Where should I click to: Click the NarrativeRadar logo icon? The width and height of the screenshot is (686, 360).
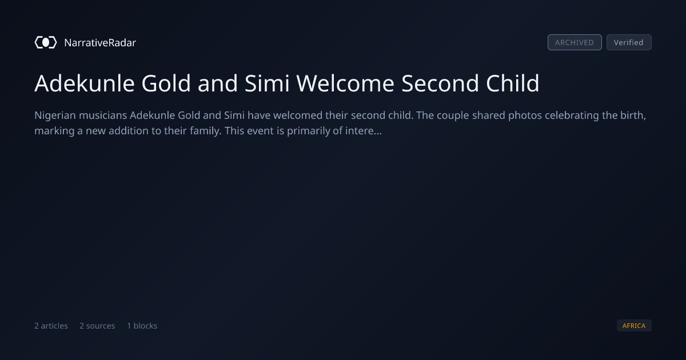tap(46, 42)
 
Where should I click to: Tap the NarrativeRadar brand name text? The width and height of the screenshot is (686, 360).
tap(100, 42)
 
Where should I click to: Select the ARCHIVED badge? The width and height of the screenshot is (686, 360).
tap(575, 42)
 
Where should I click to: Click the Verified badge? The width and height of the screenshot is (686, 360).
tap(629, 42)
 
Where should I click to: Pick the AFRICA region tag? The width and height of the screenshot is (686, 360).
tap(634, 325)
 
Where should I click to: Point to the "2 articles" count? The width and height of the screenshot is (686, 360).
tap(51, 326)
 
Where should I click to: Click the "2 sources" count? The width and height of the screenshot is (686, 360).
tap(97, 326)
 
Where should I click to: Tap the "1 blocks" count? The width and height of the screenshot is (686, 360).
tap(142, 326)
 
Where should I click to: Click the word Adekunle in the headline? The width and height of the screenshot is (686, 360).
tap(85, 83)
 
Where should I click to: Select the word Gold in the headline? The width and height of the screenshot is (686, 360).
tap(166, 83)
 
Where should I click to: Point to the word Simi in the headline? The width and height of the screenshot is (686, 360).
tap(267, 83)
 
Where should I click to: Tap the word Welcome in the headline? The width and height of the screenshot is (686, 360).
tap(345, 83)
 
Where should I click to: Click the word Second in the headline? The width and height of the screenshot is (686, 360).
tap(440, 83)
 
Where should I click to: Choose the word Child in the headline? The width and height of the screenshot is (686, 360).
tap(512, 83)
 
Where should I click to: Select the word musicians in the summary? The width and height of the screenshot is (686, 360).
tap(103, 115)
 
